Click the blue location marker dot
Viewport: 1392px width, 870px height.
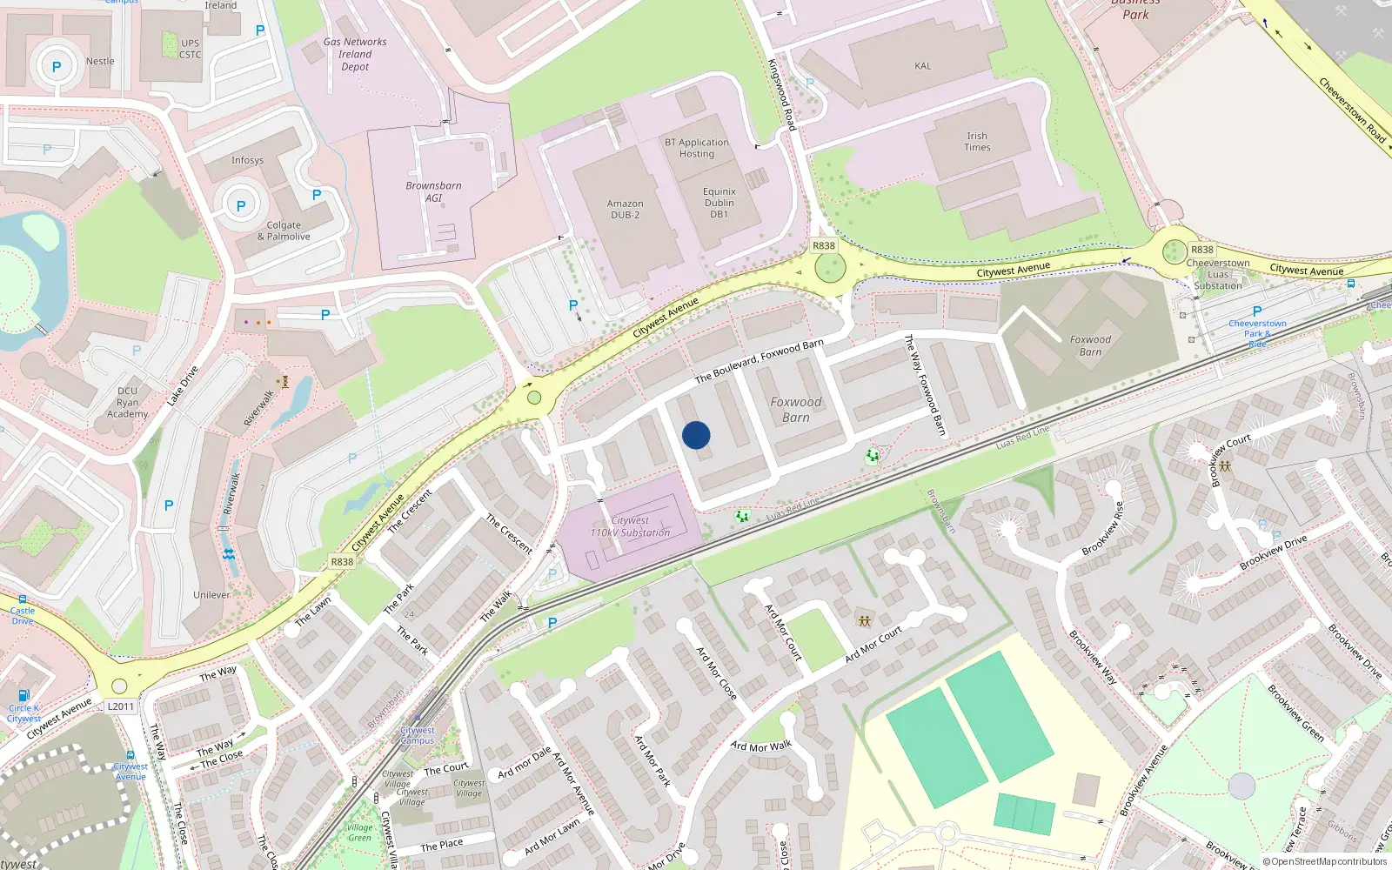tap(696, 435)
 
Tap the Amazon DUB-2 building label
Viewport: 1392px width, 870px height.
tap(625, 210)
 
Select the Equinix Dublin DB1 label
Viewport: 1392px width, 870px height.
tap(719, 203)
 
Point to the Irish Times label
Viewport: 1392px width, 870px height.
tap(977, 142)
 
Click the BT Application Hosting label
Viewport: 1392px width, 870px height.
tap(697, 148)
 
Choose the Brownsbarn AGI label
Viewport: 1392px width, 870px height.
tap(433, 191)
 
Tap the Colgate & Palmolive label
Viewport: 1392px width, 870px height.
tap(284, 231)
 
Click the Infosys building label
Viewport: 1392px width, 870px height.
tap(247, 160)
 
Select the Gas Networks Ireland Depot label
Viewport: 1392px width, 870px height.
tap(355, 54)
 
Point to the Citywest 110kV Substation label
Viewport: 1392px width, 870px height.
tap(630, 526)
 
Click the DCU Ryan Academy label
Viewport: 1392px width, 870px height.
tap(127, 402)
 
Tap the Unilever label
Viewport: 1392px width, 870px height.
tap(211, 595)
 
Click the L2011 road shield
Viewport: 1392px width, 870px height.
tap(121, 706)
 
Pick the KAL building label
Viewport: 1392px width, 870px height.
tap(923, 66)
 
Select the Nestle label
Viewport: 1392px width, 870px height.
tap(100, 61)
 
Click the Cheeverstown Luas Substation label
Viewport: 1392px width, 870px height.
tap(1218, 274)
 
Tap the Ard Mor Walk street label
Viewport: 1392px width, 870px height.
tap(761, 746)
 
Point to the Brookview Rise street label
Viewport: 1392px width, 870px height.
tap(1103, 529)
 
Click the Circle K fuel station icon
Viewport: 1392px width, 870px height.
tap(24, 695)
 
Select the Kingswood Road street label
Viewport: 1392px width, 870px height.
tap(781, 95)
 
